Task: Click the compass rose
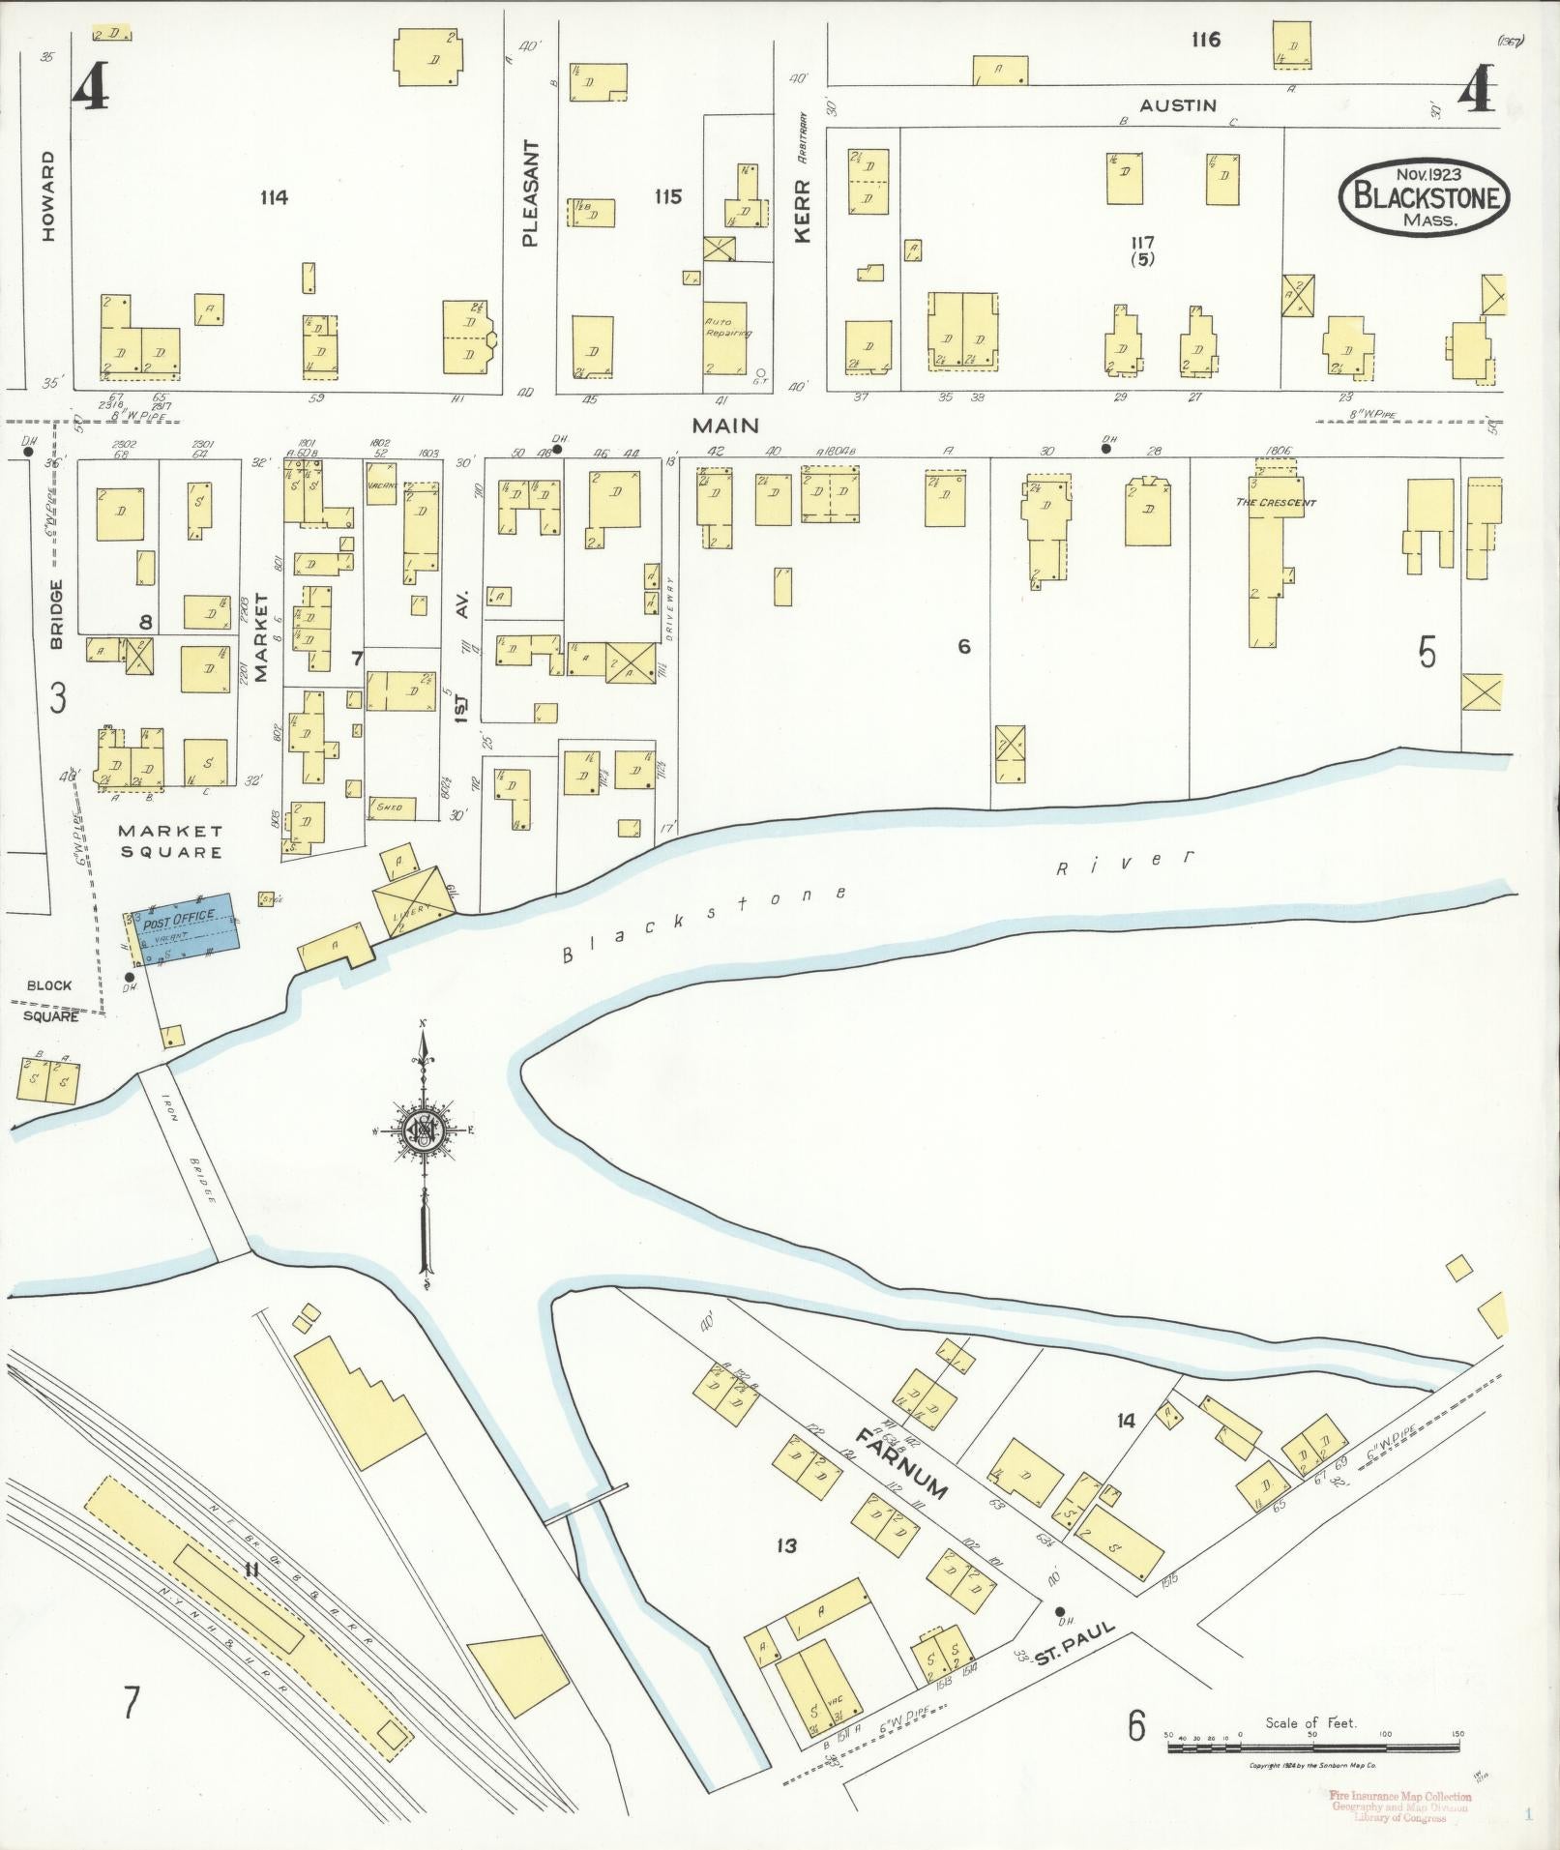424,1129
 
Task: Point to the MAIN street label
724,426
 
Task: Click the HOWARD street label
49,195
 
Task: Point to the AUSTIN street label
1177,104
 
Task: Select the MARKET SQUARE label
170,841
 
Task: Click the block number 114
274,198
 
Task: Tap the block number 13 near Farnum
786,1546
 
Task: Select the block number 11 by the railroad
251,1571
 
